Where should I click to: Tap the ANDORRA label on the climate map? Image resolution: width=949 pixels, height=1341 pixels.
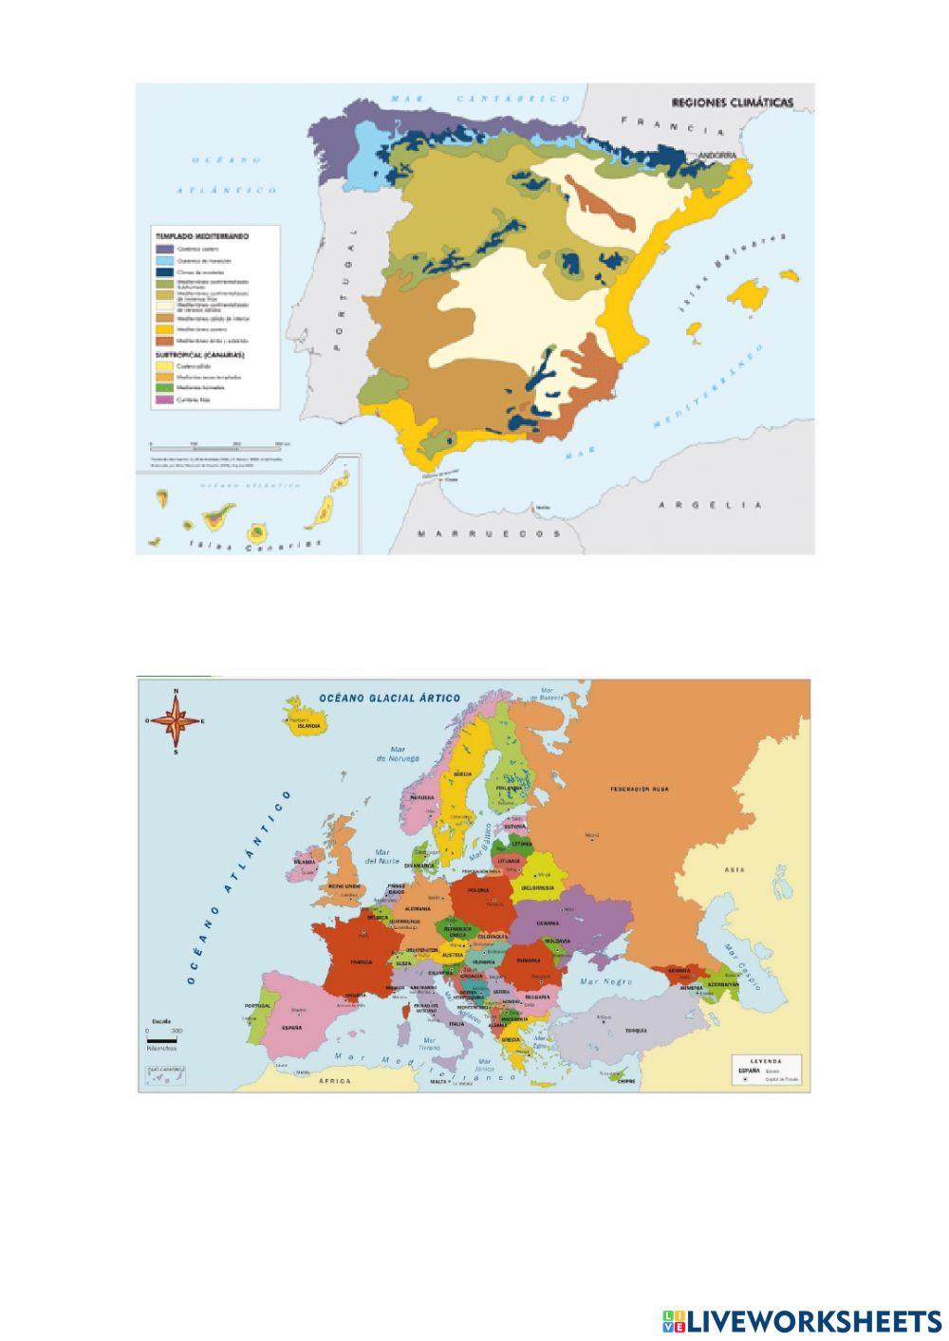(x=717, y=155)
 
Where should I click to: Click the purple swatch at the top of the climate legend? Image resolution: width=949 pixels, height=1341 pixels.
(x=161, y=246)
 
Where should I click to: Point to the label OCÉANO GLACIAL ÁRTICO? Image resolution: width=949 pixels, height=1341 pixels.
(x=391, y=698)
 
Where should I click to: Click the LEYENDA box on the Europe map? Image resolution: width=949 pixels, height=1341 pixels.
(x=769, y=1070)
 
